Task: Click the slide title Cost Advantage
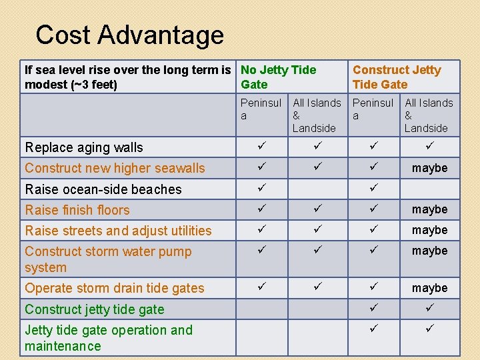coord(129,35)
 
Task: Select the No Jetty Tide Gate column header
coord(278,77)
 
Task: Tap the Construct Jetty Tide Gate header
coord(397,77)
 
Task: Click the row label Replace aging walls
coord(84,147)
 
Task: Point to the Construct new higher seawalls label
coord(115,168)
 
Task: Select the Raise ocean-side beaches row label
coord(103,189)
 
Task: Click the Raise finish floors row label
coord(77,210)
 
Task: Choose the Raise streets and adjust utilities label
coord(118,231)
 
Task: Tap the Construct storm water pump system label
coord(108,259)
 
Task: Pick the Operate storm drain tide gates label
coord(115,288)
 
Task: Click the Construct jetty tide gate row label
coord(94,309)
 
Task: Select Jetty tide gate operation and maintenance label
coord(109,338)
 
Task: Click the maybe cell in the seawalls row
coord(429,168)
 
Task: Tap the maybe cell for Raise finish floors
coord(429,209)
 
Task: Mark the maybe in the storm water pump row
coord(429,251)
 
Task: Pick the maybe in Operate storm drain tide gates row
coord(429,288)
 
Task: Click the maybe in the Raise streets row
coord(429,230)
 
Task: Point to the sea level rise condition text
coord(130,77)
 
